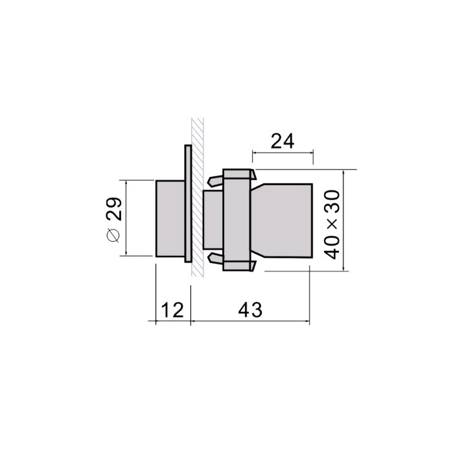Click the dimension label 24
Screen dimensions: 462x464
(x=283, y=141)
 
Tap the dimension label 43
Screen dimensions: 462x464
(x=250, y=310)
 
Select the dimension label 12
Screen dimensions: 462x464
(x=172, y=310)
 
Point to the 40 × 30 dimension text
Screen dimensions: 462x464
(x=332, y=225)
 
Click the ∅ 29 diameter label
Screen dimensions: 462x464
(x=114, y=220)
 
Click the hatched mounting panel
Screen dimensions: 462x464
(x=198, y=197)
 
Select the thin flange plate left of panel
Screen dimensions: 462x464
(x=188, y=203)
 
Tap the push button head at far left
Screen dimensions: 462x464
(x=170, y=218)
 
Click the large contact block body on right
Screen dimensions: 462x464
(x=281, y=221)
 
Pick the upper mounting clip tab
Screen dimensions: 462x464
(x=215, y=181)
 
